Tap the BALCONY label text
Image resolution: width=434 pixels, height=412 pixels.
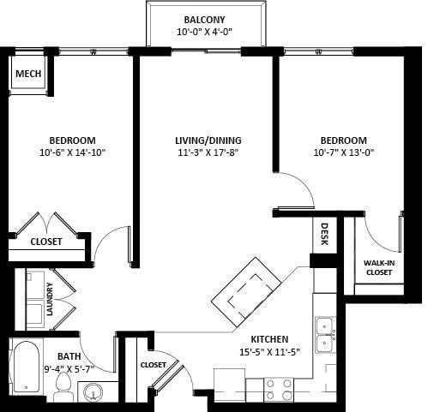204,20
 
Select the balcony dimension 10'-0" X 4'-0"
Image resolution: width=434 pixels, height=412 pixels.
204,33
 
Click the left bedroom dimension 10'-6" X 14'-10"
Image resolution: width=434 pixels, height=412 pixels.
72,153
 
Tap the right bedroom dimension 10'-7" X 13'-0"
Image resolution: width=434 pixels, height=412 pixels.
343,153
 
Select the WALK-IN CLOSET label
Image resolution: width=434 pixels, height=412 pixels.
378,267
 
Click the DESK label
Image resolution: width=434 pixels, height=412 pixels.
324,234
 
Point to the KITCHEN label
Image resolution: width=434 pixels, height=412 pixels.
268,339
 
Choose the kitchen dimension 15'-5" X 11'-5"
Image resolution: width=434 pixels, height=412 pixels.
268,352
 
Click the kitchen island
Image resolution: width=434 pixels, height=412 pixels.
247,291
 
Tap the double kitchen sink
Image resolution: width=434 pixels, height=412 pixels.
324,335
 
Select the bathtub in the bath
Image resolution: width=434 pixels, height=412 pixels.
27,367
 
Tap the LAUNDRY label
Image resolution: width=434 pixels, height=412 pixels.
50,299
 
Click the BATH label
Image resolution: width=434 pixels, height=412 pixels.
69,356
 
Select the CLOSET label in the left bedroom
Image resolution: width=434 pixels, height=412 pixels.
46,242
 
